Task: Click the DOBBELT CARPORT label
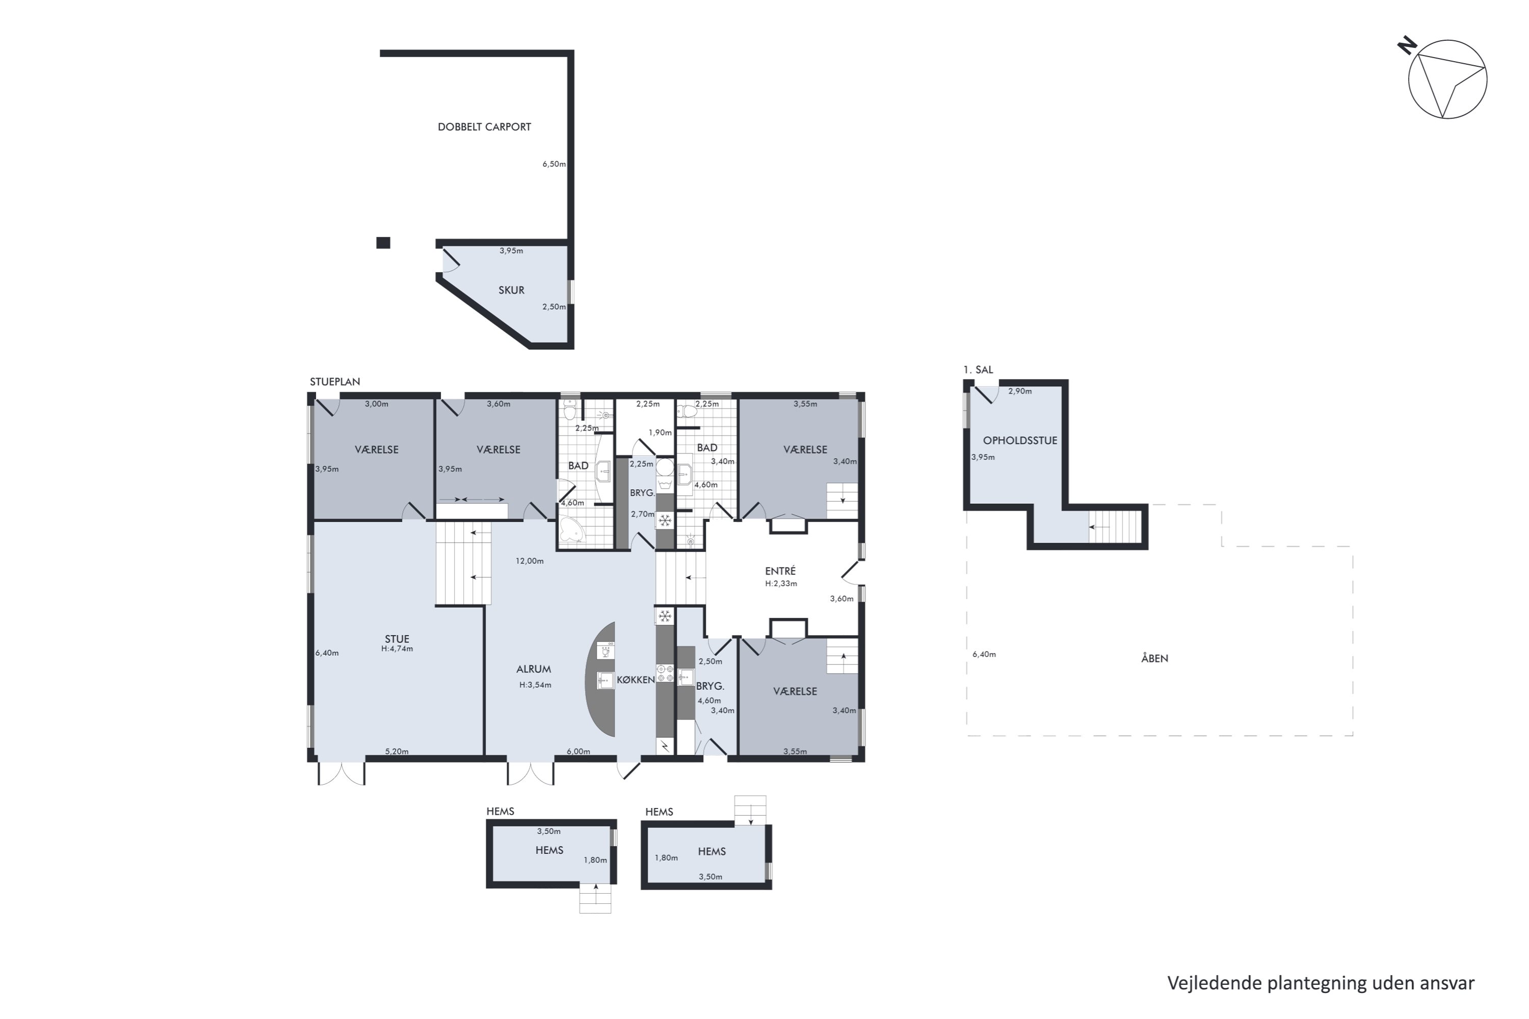484,127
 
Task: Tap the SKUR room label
512,290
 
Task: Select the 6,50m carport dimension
555,164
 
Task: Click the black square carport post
384,243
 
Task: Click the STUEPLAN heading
335,382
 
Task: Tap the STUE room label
397,639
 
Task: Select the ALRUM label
534,668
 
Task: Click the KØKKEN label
636,680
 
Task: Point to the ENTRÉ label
780,571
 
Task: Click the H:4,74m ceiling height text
397,649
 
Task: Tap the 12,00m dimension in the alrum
530,561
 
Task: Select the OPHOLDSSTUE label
1020,440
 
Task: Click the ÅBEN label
1154,658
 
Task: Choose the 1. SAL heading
979,370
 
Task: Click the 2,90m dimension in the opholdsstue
1020,391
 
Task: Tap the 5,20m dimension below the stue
397,751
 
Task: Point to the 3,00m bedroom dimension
377,404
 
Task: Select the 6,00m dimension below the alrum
578,751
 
